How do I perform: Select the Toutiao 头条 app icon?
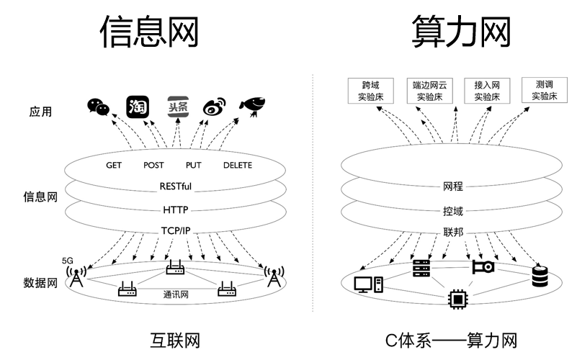pos(177,107)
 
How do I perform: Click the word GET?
pos(114,165)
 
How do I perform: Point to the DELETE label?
pos(238,165)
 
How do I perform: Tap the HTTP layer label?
pos(176,210)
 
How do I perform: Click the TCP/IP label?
pos(176,231)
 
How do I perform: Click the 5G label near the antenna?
pos(68,260)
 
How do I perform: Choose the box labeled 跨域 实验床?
pos(370,91)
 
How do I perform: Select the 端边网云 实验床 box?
pos(429,91)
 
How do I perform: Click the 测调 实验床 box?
pos(545,91)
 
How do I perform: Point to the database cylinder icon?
pos(540,276)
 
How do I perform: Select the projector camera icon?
pos(483,267)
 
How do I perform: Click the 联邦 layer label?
pos(453,234)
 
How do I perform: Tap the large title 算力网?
pos(460,32)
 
